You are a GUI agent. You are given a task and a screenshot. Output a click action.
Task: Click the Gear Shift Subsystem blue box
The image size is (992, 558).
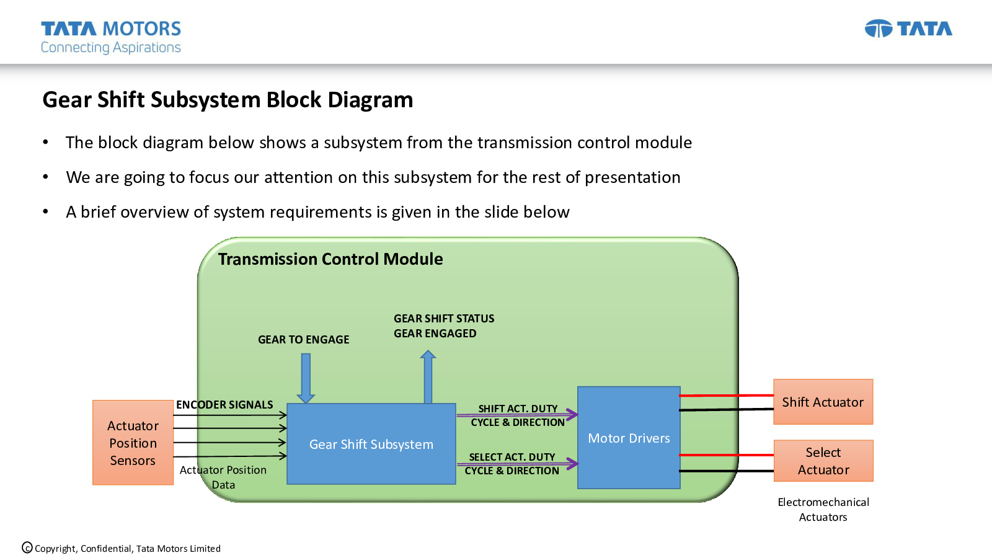371,444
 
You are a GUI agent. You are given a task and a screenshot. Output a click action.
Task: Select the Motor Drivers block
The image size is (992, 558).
629,438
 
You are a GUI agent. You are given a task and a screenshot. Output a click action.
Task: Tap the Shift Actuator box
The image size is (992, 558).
823,402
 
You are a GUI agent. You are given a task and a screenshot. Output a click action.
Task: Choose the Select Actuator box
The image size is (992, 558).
823,461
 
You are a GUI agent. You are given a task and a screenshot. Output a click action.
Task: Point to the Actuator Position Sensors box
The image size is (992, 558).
133,443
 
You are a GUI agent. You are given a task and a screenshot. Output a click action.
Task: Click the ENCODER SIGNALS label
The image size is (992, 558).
224,405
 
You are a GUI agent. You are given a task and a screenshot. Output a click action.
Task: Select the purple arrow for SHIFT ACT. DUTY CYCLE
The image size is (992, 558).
517,415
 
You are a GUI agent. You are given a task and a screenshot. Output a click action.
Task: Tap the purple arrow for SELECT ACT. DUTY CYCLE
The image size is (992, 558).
517,463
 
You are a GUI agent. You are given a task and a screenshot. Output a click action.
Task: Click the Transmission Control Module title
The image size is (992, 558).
330,259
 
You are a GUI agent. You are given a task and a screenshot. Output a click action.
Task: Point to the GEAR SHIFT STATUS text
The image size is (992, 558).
444,319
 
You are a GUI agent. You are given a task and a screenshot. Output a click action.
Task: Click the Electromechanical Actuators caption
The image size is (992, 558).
823,510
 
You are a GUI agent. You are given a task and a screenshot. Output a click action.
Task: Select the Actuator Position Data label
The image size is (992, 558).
223,477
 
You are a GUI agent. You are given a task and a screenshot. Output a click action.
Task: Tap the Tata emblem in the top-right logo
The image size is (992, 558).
879,29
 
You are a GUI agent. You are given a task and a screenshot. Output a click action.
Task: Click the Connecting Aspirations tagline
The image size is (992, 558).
111,48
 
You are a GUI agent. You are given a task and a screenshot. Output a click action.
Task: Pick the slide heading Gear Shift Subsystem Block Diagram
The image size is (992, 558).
228,100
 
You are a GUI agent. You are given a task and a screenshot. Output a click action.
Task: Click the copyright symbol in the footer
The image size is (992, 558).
27,547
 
